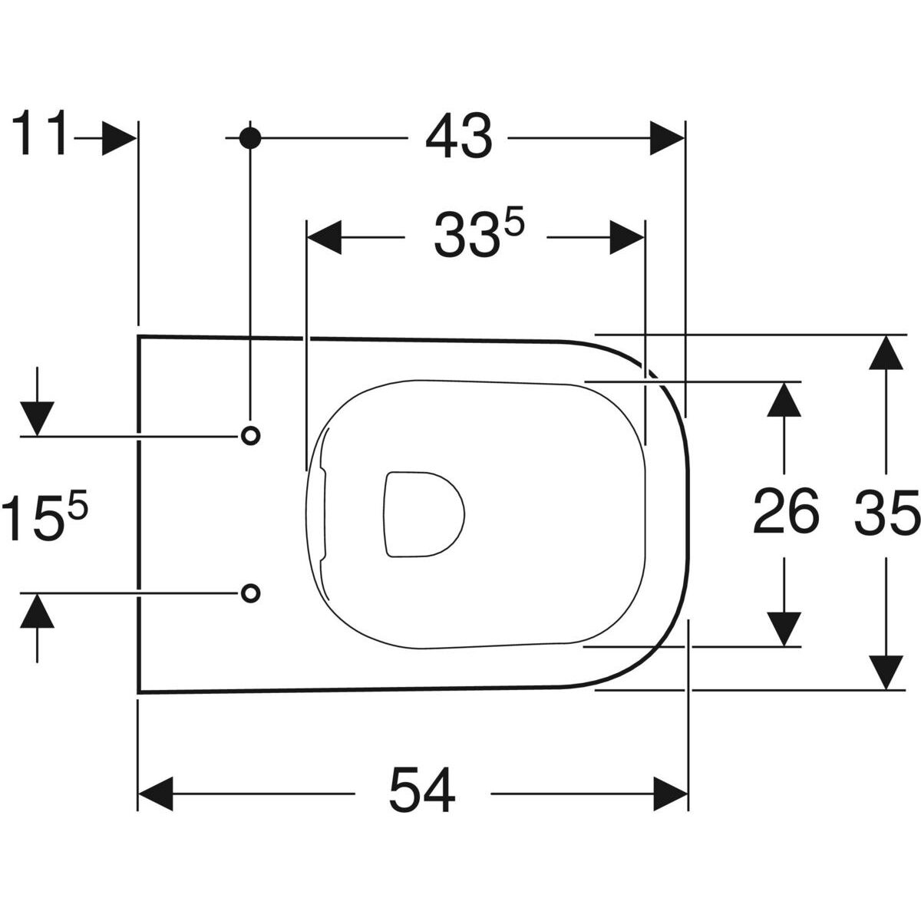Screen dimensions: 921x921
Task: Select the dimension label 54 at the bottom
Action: pyautogui.click(x=421, y=791)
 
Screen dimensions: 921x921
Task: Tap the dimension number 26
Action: pyautogui.click(x=784, y=512)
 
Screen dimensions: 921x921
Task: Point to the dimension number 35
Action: pyautogui.click(x=886, y=512)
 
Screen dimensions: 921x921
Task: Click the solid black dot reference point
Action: pyautogui.click(x=250, y=137)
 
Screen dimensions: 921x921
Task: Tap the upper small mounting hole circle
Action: pyautogui.click(x=250, y=435)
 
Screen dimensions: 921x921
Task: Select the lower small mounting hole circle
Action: pyautogui.click(x=250, y=592)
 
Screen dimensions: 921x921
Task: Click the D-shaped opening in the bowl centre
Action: pyautogui.click(x=422, y=512)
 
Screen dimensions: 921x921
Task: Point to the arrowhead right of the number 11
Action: pyautogui.click(x=120, y=137)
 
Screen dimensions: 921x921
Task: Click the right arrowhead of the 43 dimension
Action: pyautogui.click(x=666, y=138)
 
